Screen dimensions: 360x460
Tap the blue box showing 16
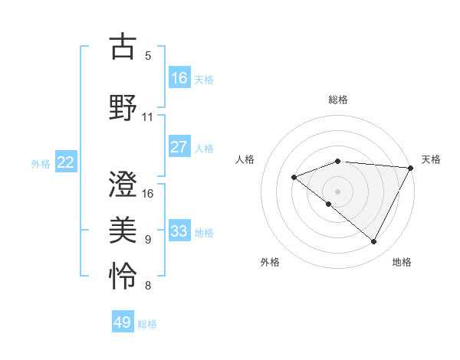click(179, 77)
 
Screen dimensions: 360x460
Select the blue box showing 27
click(179, 147)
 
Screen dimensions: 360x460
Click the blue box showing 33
click(179, 231)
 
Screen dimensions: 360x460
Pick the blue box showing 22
click(66, 162)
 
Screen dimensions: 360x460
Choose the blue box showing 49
click(123, 322)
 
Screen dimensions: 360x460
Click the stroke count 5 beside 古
click(148, 56)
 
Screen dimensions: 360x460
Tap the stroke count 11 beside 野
click(148, 117)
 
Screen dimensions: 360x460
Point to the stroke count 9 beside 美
click(148, 240)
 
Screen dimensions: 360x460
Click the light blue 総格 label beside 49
click(148, 324)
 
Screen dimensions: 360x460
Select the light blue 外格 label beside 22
click(41, 163)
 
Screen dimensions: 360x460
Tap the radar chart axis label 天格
click(431, 159)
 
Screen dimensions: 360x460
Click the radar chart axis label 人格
click(245, 159)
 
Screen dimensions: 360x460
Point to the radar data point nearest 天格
click(411, 168)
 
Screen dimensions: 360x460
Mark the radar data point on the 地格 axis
click(374, 242)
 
